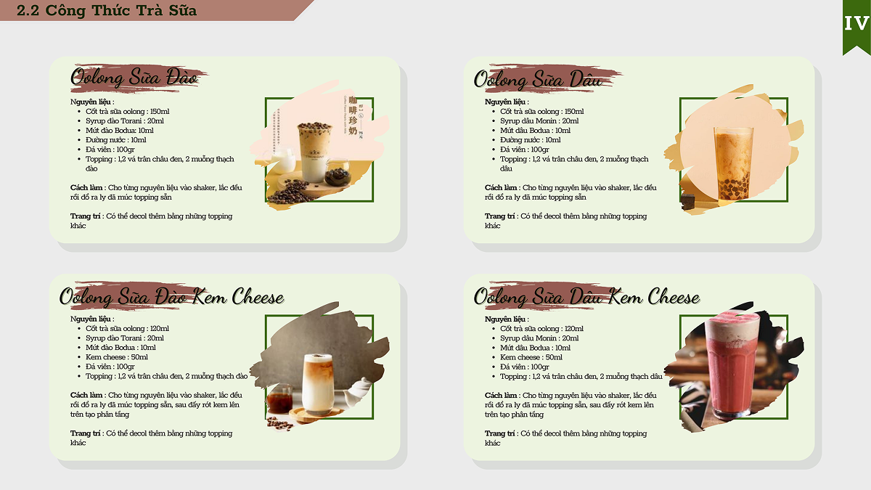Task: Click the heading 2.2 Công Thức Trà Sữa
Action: pos(107,10)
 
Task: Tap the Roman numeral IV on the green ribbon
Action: pos(856,23)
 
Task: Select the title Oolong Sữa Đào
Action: pos(134,77)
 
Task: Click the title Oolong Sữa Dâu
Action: pos(538,79)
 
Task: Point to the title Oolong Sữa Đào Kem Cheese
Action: pos(171,296)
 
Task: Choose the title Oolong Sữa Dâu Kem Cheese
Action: pos(586,297)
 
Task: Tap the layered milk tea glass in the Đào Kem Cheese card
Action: pos(318,383)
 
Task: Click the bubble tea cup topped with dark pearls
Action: pos(314,152)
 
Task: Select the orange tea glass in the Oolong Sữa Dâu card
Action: pos(733,163)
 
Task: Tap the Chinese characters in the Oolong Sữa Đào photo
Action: pos(352,115)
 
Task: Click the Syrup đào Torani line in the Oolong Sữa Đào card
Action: pos(124,121)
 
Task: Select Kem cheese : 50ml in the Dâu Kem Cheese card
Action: pos(531,357)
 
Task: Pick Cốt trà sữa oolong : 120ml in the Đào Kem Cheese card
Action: pos(127,328)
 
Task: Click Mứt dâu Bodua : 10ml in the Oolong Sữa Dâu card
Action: pos(535,130)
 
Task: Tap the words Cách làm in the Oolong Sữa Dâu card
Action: pos(501,187)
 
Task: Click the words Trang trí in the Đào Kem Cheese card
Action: pos(85,433)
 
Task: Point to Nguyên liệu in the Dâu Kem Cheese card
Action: pos(504,319)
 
